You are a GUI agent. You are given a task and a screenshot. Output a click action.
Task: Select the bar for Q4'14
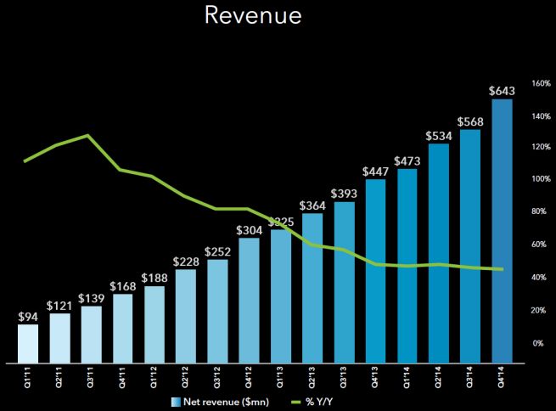[x=502, y=229]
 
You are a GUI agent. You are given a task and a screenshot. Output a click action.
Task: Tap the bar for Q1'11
[x=28, y=342]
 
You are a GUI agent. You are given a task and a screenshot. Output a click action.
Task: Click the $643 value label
[x=502, y=89]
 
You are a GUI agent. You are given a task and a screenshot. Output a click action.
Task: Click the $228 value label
[x=186, y=261]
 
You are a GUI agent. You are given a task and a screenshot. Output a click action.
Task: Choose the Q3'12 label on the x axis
[x=217, y=375]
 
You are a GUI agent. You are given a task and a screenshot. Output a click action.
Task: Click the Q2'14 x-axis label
[x=439, y=375]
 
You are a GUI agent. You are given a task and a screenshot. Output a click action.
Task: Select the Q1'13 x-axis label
[x=281, y=375]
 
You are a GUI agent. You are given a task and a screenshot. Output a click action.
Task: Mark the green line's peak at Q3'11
[x=90, y=135]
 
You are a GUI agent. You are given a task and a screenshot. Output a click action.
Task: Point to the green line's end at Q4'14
[x=502, y=269]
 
